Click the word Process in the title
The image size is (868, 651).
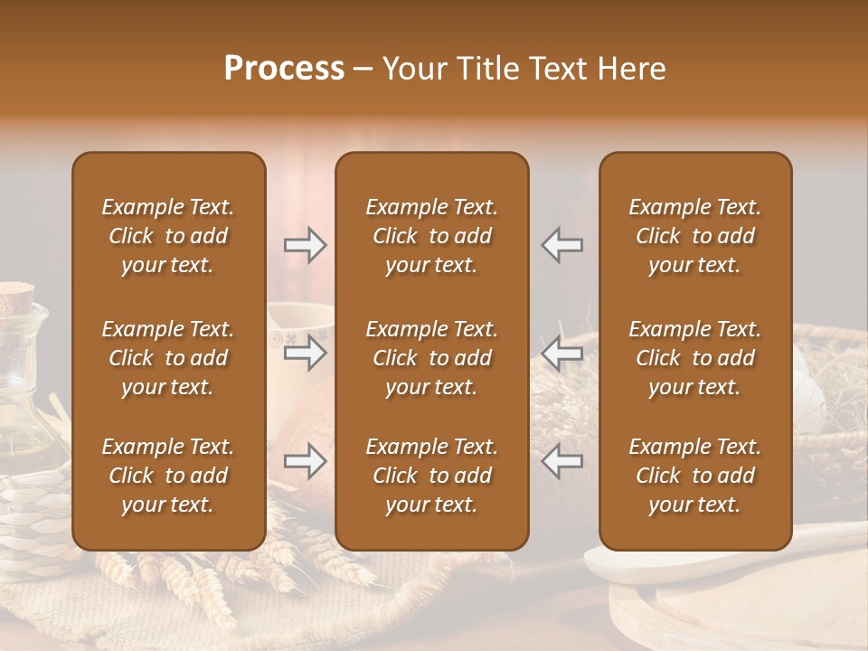click(x=284, y=69)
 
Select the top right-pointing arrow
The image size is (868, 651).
click(x=305, y=245)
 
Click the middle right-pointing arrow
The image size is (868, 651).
click(x=305, y=353)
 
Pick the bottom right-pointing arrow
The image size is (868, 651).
click(x=305, y=462)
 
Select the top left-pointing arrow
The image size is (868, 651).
click(x=561, y=245)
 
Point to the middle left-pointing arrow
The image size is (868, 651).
click(x=561, y=353)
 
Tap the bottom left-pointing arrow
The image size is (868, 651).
click(x=561, y=462)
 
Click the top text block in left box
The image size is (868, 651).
click(x=168, y=236)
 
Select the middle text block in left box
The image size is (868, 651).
click(x=168, y=358)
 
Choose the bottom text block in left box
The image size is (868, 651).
click(x=168, y=476)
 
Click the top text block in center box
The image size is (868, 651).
click(x=431, y=236)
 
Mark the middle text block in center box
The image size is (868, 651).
click(x=431, y=358)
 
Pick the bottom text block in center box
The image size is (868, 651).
click(x=431, y=476)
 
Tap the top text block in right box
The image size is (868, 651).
click(x=694, y=236)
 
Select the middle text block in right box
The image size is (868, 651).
click(x=694, y=358)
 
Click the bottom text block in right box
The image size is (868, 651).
click(x=694, y=476)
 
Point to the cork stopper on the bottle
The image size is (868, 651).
click(x=16, y=295)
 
